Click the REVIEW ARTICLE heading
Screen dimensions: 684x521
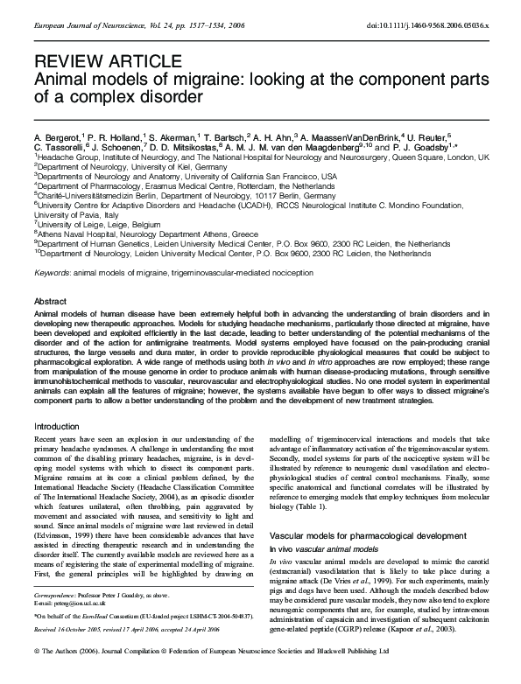pyautogui.click(x=95, y=61)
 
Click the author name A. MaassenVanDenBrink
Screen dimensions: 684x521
pyautogui.click(x=347, y=137)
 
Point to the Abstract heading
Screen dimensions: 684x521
pyautogui.click(x=51, y=300)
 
